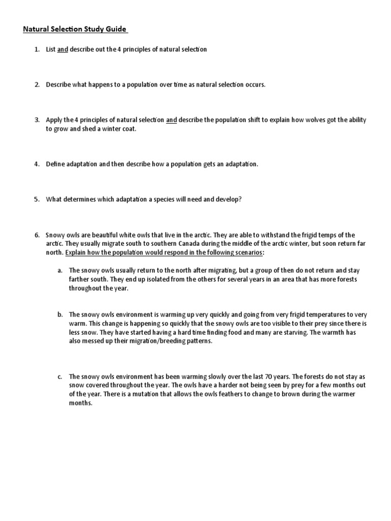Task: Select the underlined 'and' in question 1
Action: pos(63,49)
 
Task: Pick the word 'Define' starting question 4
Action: pos(57,164)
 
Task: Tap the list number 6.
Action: pos(37,235)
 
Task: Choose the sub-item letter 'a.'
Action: pos(60,270)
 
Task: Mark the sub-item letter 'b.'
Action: pos(60,314)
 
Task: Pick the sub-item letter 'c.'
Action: pos(60,377)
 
